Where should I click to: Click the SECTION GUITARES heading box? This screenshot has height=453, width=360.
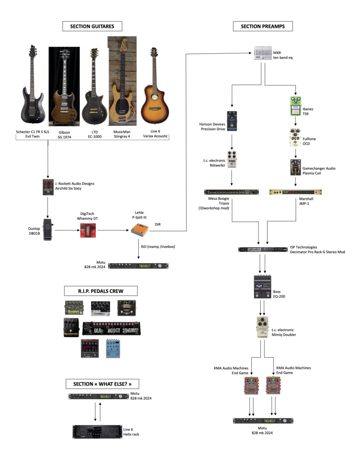tap(92, 26)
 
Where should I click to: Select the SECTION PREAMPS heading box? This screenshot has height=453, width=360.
tap(263, 26)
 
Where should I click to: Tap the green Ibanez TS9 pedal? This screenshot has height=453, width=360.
tap(295, 106)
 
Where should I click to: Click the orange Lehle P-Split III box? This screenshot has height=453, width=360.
tap(140, 230)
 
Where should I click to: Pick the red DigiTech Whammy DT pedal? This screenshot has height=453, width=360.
tap(88, 230)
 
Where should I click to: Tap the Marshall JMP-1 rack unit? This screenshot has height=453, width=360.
tap(295, 192)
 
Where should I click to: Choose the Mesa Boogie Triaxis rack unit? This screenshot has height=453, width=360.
tap(232, 192)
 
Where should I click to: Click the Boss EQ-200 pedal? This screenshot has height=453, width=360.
tap(263, 287)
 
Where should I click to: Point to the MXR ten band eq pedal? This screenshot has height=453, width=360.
tap(263, 53)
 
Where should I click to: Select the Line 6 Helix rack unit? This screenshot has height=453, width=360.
tap(97, 431)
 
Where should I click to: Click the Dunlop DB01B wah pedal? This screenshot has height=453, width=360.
tap(48, 230)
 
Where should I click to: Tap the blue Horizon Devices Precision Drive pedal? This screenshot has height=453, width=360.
tap(232, 121)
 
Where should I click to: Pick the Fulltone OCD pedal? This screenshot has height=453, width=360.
tap(295, 137)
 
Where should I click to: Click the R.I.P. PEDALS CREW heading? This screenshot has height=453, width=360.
tap(101, 291)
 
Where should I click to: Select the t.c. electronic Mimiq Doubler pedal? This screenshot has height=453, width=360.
tap(262, 327)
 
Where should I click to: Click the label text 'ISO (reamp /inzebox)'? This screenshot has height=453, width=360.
tap(158, 246)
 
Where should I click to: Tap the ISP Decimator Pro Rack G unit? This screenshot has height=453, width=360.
tap(263, 249)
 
